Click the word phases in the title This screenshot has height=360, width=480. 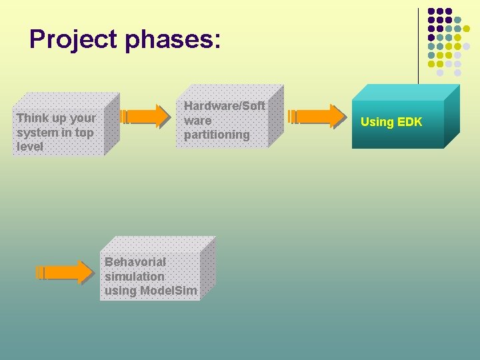175,39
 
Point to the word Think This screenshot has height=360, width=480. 32,118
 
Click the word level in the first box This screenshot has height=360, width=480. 30,146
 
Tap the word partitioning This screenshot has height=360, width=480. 217,135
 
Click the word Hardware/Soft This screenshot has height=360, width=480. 225,106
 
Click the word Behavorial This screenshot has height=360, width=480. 135,262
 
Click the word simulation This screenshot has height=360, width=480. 135,276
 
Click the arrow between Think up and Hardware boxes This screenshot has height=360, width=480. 145,116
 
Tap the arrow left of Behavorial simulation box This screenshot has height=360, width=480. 64,272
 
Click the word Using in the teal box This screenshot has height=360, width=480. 377,122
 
